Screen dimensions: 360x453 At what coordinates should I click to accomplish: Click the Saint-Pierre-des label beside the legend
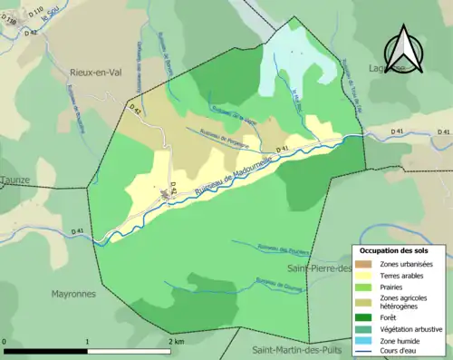pos(317,268)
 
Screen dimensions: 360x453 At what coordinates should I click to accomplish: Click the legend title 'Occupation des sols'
pos(394,249)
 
